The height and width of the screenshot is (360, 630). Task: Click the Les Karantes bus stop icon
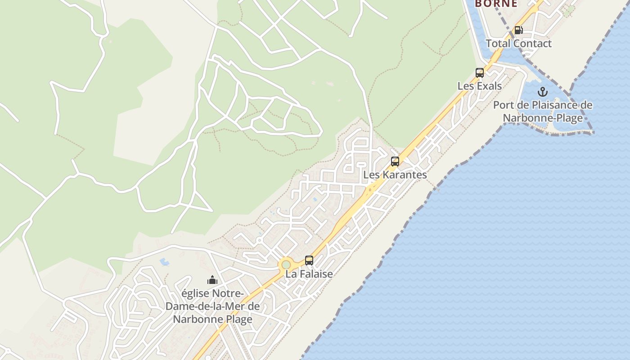pos(395,162)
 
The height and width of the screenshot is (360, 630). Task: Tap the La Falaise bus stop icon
pos(309,261)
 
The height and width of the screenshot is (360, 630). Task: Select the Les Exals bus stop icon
pos(480,73)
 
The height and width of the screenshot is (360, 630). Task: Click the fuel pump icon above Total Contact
pos(518,30)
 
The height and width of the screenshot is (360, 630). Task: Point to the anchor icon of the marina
pos(543,92)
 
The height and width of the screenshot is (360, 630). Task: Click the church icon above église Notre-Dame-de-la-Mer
pos(212,280)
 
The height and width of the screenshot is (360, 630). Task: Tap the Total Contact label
pos(518,44)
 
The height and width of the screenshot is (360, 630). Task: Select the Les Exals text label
pos(480,85)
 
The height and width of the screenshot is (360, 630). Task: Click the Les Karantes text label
pos(395,175)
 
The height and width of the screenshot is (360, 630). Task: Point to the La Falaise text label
pos(309,274)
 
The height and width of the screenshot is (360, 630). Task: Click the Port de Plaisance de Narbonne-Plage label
pos(543,112)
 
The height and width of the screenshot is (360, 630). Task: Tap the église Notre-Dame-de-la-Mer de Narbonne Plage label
pos(212,306)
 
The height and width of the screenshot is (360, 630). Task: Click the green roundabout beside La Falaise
pos(286,264)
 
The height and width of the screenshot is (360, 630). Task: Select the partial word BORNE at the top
pos(496,4)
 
